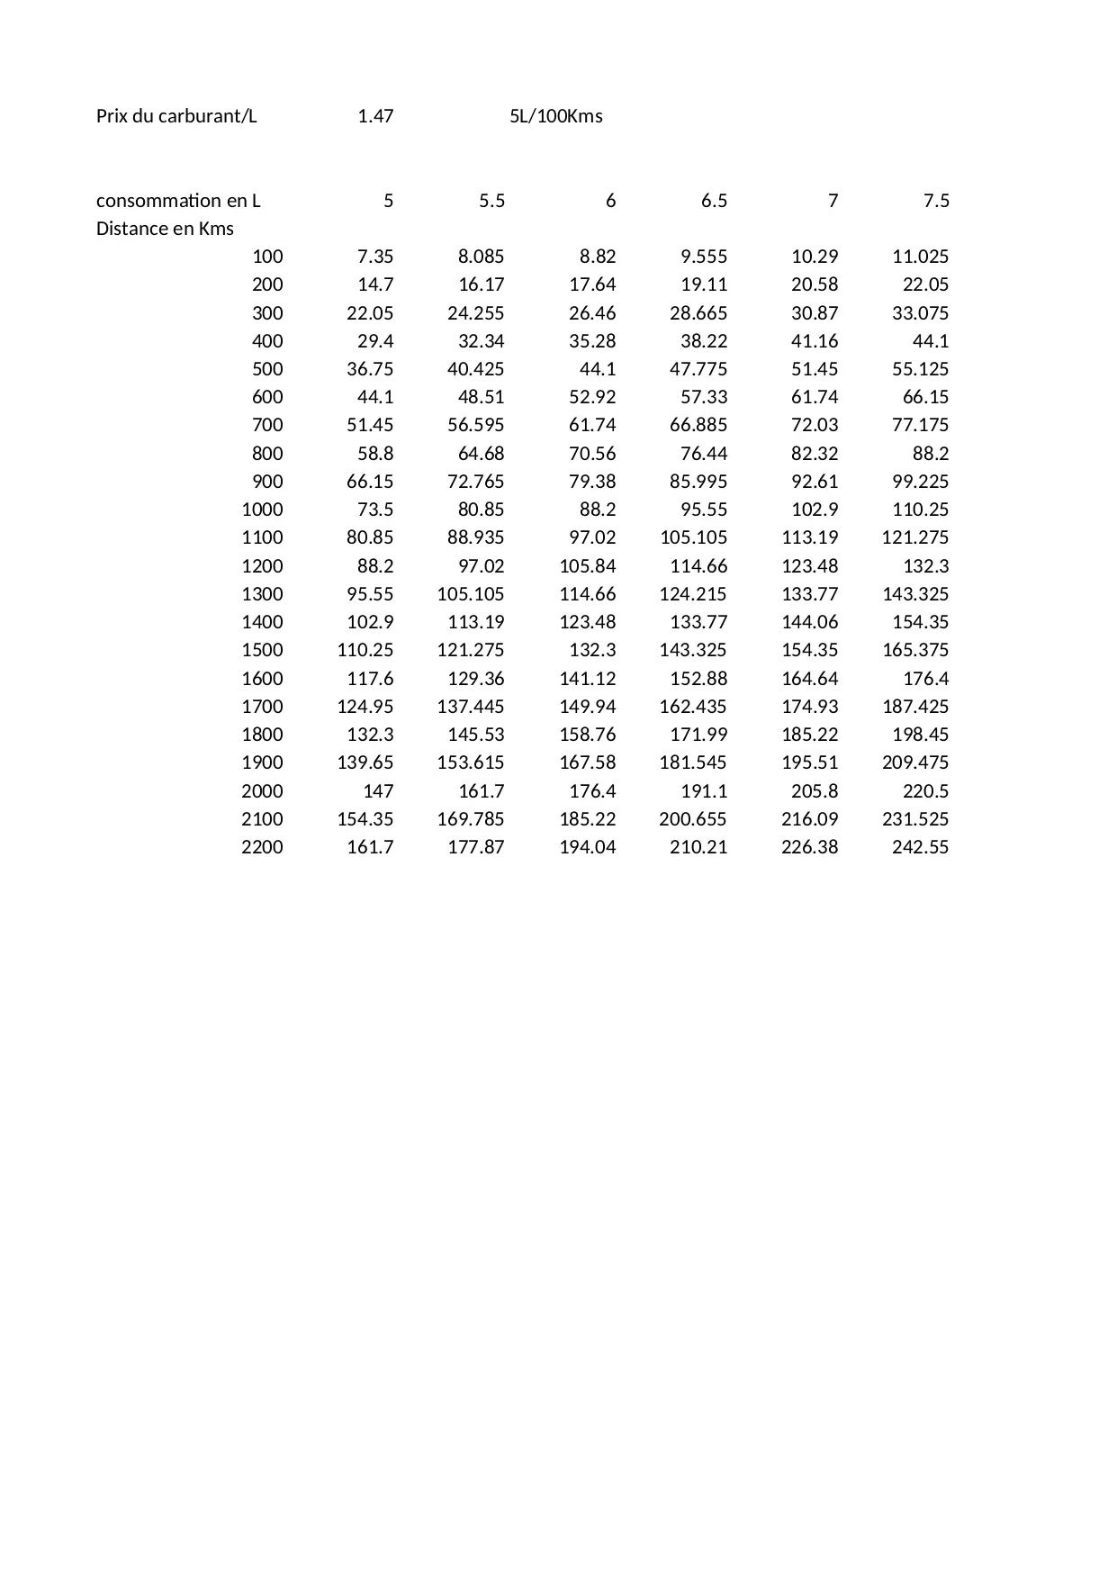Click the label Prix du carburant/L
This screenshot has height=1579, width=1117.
(x=176, y=116)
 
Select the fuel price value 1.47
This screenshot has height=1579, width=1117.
(x=375, y=116)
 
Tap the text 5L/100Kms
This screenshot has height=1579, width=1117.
(x=556, y=116)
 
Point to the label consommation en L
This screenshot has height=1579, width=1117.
(x=178, y=201)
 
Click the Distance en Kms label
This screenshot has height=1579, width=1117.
(x=165, y=229)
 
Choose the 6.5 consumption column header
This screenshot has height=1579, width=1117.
(x=714, y=201)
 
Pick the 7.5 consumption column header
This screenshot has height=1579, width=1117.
(x=936, y=201)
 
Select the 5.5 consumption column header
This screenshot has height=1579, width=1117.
(x=491, y=201)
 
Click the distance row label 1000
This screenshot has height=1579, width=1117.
(x=262, y=510)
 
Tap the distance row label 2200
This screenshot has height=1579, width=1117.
(x=262, y=847)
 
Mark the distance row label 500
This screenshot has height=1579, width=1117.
(x=267, y=369)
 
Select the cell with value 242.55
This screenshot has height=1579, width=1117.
(x=920, y=847)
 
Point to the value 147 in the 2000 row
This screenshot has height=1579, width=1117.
(x=378, y=791)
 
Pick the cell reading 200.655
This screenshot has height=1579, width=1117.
(x=693, y=819)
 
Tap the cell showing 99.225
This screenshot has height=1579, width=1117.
(x=920, y=482)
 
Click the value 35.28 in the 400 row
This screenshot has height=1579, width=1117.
(x=592, y=341)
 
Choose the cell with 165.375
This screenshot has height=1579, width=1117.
(x=915, y=650)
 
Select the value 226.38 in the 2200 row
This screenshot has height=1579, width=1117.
(x=809, y=847)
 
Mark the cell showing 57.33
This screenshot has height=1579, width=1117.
(x=704, y=397)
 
